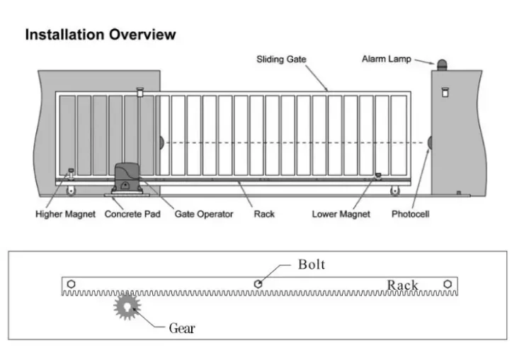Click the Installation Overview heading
101,35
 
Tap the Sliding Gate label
281,60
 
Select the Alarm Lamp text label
387,59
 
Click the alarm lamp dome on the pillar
442,64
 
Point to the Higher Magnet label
65,214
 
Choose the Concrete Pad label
132,214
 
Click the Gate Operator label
204,214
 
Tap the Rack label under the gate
264,214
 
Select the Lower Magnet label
341,214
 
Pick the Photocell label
411,214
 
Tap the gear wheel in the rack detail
127,306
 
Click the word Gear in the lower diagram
182,328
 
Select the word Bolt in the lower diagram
312,264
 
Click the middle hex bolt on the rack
258,284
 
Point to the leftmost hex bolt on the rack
72,284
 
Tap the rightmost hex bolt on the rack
448,284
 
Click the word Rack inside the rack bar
402,285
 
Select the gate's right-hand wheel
394,191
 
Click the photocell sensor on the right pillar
430,143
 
